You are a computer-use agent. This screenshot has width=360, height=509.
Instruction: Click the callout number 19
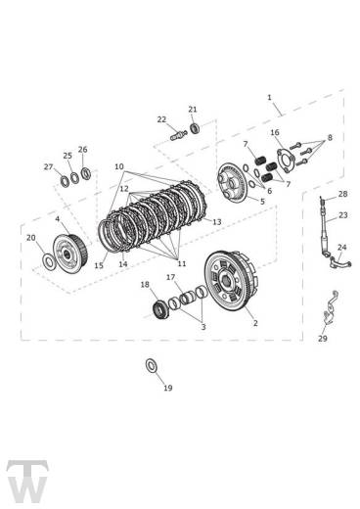(x=167, y=388)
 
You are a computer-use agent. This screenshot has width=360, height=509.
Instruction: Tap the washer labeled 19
(x=152, y=365)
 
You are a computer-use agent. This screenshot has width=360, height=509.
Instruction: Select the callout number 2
(x=255, y=323)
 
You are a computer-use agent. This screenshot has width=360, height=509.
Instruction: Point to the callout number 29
(x=322, y=339)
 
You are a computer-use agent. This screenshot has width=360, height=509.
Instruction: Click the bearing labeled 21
(x=195, y=127)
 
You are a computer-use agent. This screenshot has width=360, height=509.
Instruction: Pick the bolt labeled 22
(x=178, y=135)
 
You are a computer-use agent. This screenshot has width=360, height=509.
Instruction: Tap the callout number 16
(x=275, y=132)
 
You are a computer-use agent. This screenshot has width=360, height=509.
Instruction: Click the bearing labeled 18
(x=160, y=309)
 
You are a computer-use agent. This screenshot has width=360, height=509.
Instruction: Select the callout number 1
(x=269, y=98)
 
